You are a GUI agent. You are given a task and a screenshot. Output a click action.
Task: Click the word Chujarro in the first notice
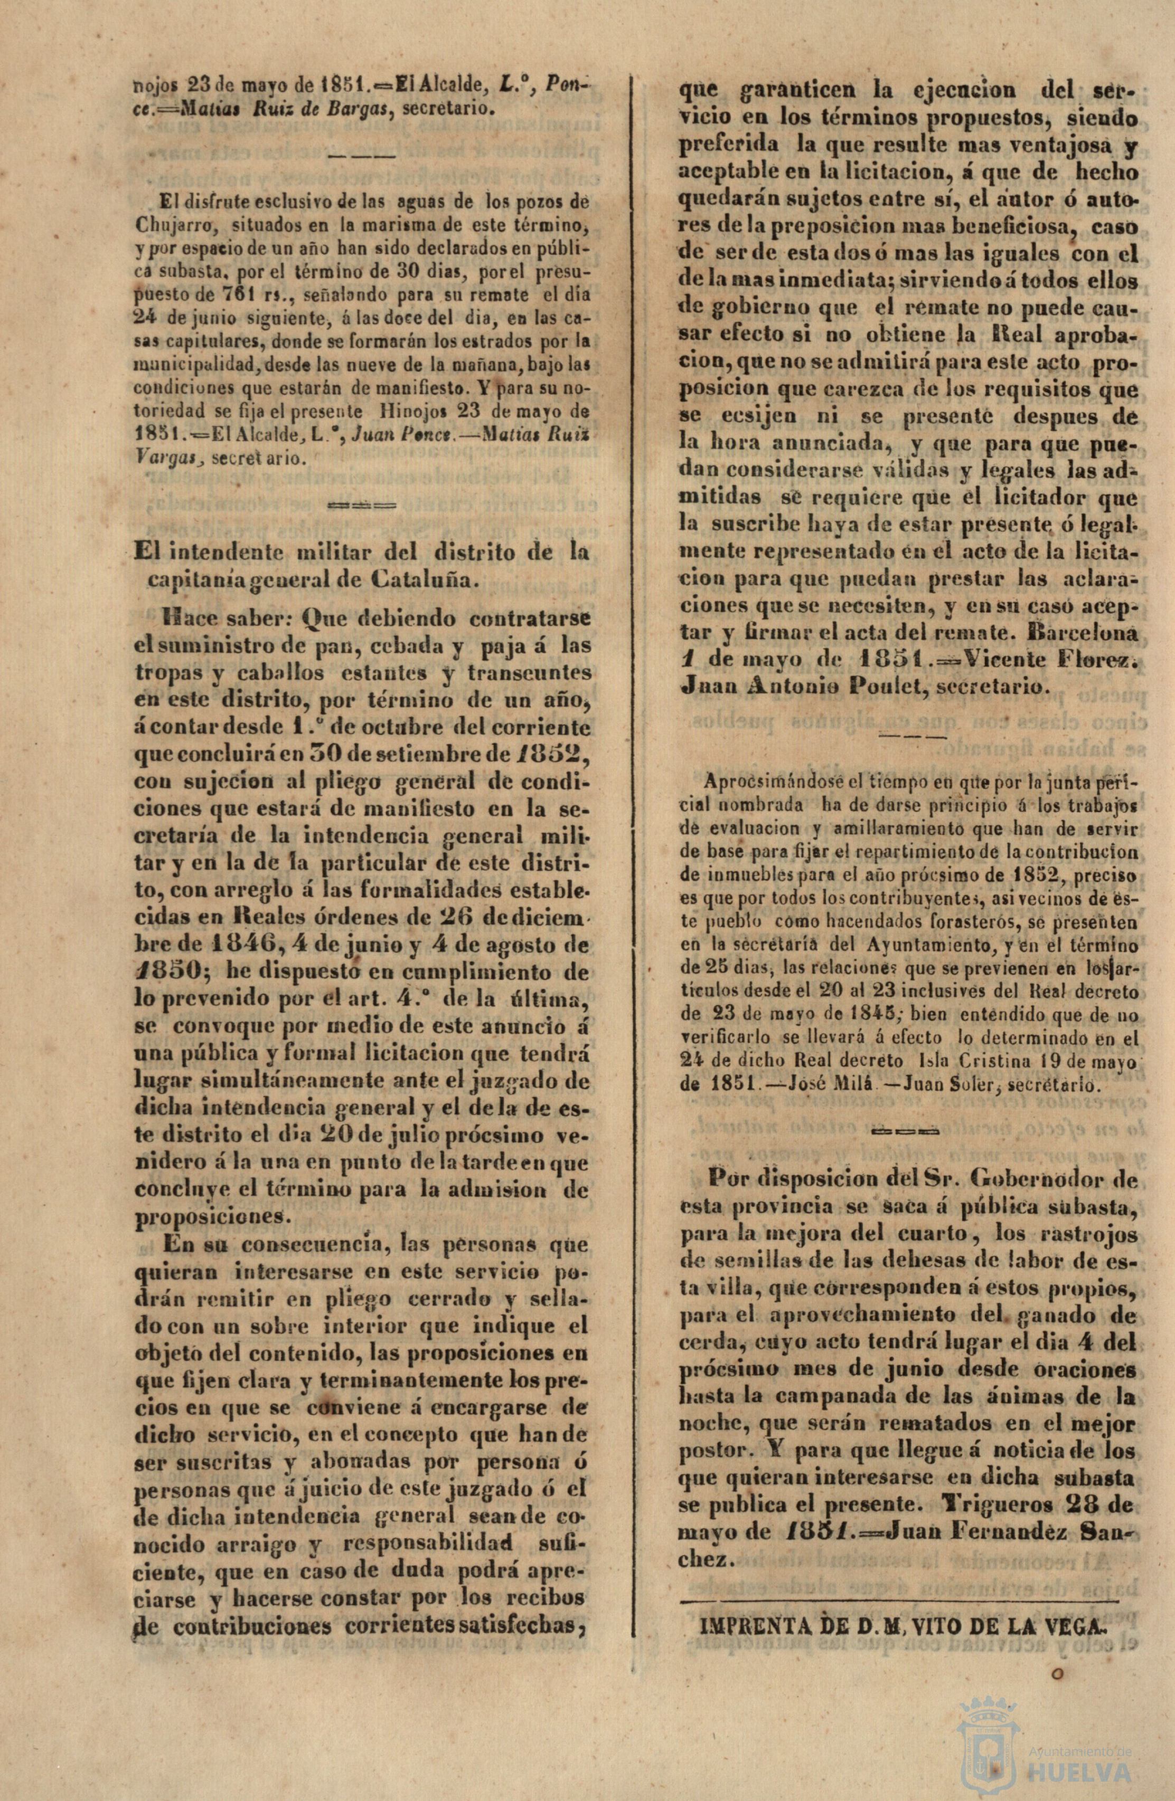167,226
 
